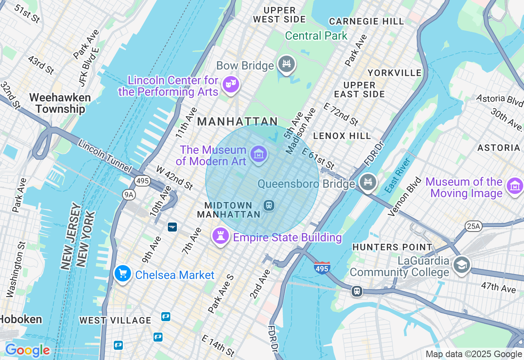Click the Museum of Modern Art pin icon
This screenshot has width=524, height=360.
(259, 154)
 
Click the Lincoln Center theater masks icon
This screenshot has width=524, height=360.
(230, 85)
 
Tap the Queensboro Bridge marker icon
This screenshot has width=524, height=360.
(368, 182)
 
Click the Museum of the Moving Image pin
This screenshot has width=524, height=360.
(515, 186)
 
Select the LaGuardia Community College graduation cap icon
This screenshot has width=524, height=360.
(461, 265)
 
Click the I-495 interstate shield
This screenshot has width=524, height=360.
(322, 268)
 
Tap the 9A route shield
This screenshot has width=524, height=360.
(129, 195)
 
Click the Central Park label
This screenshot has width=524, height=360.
(316, 36)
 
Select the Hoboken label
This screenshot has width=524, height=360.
(21, 319)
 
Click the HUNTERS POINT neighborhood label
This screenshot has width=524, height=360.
(392, 247)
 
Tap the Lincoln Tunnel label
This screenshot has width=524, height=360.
(105, 156)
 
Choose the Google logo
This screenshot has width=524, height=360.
(27, 351)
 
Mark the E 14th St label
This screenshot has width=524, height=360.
(218, 345)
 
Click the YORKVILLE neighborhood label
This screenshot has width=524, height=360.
(394, 73)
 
